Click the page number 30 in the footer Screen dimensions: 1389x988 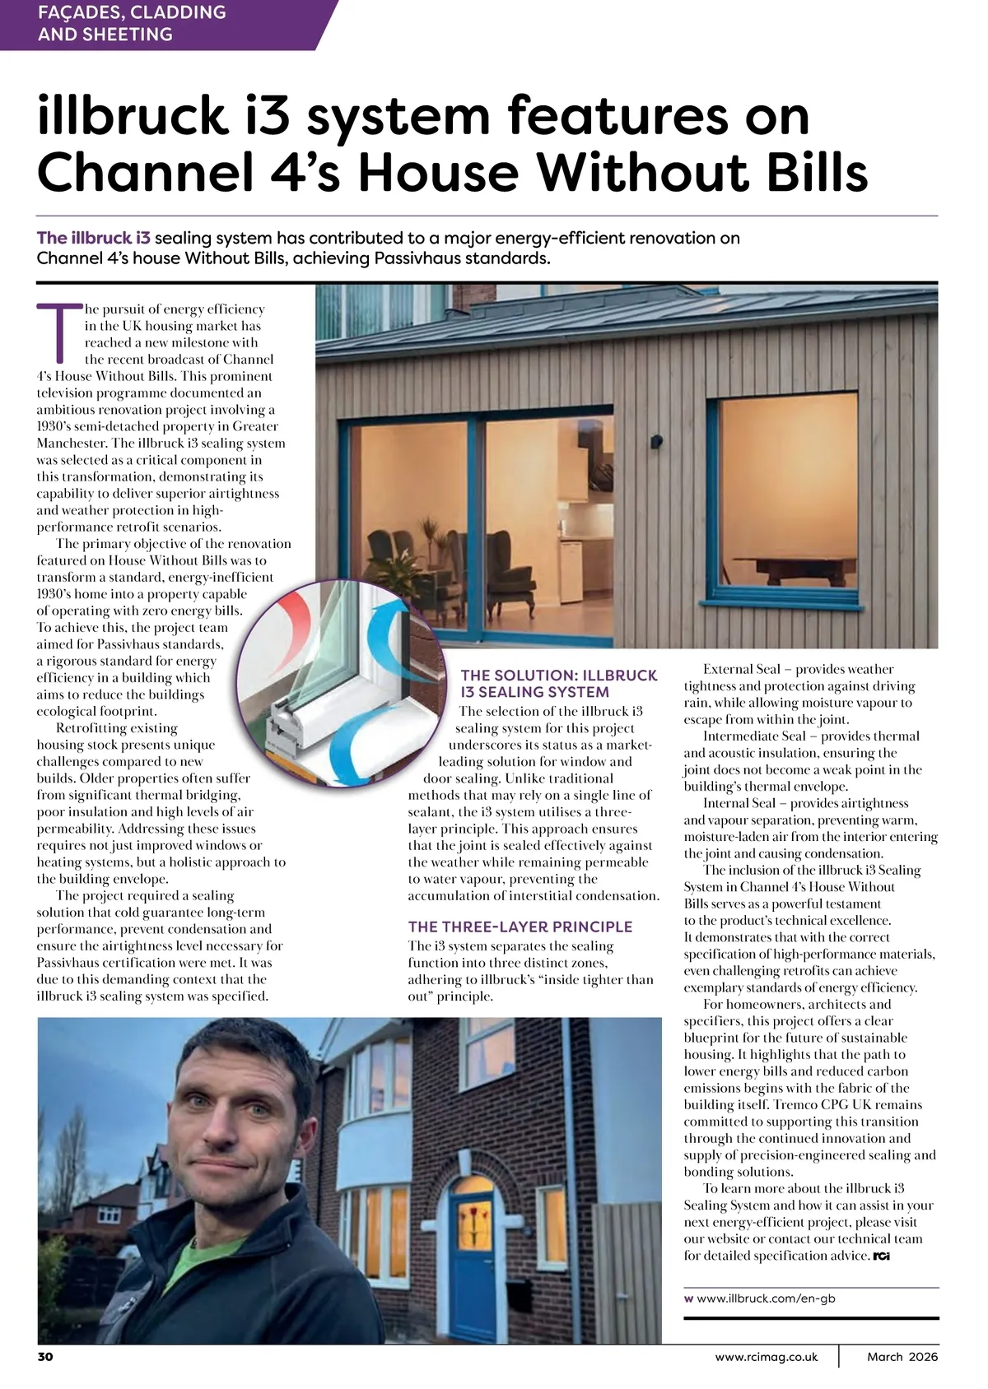[x=45, y=1357]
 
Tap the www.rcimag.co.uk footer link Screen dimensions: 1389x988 [x=767, y=1357]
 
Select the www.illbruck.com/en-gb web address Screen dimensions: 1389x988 [x=766, y=1298]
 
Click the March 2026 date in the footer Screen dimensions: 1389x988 [x=902, y=1357]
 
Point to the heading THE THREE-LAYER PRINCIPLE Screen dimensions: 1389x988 [x=520, y=927]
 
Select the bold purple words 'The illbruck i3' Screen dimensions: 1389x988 [x=93, y=239]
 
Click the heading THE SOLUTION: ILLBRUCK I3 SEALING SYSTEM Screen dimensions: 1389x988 [x=558, y=684]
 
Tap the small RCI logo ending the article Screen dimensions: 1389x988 [x=881, y=1257]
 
